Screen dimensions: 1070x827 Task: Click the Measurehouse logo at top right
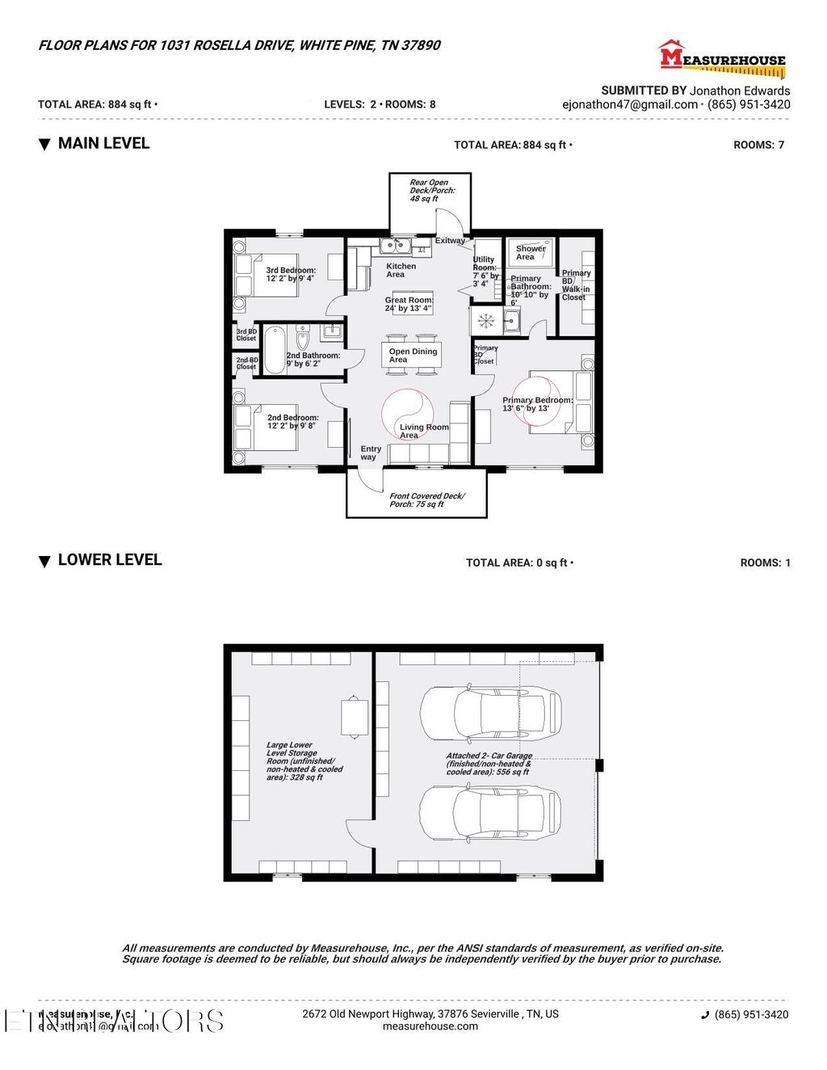pyautogui.click(x=722, y=58)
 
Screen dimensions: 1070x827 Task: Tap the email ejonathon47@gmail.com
pyautogui.click(x=630, y=104)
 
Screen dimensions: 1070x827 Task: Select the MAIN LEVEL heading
pyautogui.click(x=103, y=144)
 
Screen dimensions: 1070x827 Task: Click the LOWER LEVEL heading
pyautogui.click(x=109, y=560)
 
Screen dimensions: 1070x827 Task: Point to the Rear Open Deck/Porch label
pyautogui.click(x=431, y=191)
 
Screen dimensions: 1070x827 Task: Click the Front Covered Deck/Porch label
pyautogui.click(x=426, y=500)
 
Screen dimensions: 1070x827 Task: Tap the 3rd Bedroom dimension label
pyautogui.click(x=290, y=274)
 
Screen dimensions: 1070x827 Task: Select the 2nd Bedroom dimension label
pyautogui.click(x=292, y=422)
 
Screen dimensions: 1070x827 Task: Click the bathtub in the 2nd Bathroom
pyautogui.click(x=275, y=349)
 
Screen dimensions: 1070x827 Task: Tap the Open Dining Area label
pyautogui.click(x=413, y=355)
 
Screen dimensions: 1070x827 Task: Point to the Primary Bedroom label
pyautogui.click(x=537, y=404)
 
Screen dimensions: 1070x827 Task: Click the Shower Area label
pyautogui.click(x=530, y=253)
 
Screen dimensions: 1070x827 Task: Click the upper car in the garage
pyautogui.click(x=490, y=713)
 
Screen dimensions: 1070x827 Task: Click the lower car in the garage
pyautogui.click(x=490, y=814)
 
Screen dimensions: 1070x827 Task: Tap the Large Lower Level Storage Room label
pyautogui.click(x=304, y=761)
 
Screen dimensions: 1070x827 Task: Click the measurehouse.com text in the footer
pyautogui.click(x=430, y=1026)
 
